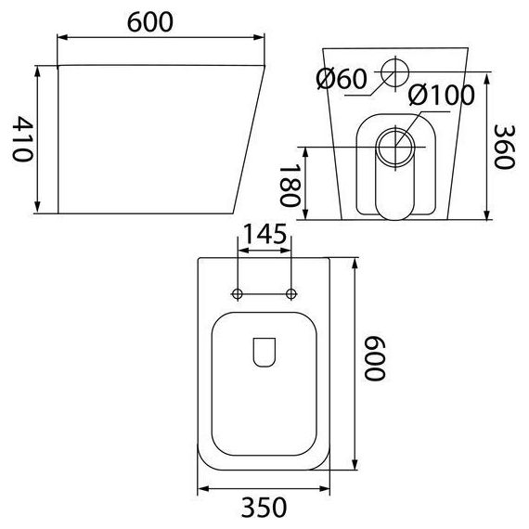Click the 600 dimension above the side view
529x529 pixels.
(150, 22)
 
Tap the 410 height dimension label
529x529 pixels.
(22, 139)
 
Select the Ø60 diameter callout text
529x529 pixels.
(342, 79)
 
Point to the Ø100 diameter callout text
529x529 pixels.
(441, 95)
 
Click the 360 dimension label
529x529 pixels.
(504, 147)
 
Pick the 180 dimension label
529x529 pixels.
(290, 186)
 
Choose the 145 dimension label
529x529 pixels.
(264, 234)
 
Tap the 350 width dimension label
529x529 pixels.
(264, 507)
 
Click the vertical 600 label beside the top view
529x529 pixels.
(374, 358)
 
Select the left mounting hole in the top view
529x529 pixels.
(238, 294)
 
